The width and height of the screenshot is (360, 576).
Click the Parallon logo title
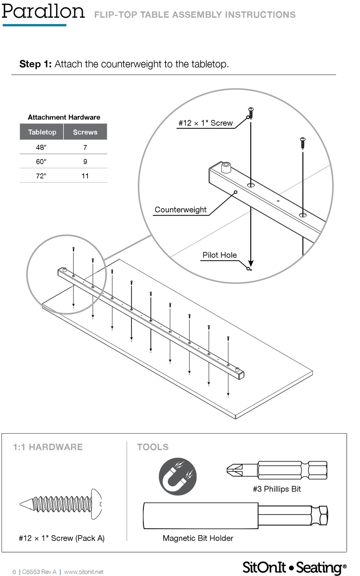click(43, 11)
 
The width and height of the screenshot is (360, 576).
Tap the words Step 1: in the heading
click(35, 64)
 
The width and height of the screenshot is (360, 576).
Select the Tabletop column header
click(42, 132)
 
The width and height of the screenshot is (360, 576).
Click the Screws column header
click(85, 132)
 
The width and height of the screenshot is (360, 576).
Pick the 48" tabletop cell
click(41, 147)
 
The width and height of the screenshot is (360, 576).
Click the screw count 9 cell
click(85, 162)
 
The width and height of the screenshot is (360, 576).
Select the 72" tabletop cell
click(41, 176)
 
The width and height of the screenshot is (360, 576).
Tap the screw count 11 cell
click(85, 176)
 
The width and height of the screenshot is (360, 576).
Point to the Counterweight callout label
click(180, 210)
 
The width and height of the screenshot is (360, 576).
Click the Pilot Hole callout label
click(219, 255)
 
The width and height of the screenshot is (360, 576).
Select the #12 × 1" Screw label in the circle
click(206, 123)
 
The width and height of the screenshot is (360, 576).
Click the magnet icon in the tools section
click(178, 476)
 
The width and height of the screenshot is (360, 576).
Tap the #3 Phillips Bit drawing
click(277, 470)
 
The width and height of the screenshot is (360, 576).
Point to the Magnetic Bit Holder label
click(198, 538)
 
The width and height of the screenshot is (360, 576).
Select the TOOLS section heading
click(153, 447)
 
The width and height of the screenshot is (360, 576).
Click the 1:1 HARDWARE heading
click(48, 447)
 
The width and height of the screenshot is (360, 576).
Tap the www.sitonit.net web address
click(84, 572)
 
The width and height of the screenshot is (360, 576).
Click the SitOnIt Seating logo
click(294, 567)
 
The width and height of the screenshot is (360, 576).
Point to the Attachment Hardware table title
click(64, 117)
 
